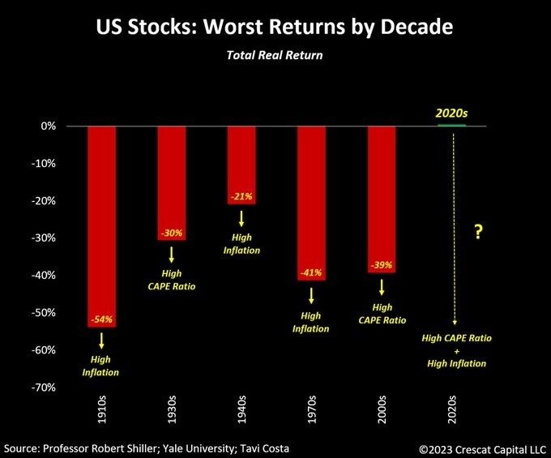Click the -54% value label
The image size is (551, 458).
100,320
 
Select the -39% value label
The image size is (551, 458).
381,266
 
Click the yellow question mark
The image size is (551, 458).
479,233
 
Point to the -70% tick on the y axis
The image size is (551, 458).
44,387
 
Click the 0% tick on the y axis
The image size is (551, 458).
49,126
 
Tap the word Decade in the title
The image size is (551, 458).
413,28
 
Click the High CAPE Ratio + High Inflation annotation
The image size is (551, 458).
457,350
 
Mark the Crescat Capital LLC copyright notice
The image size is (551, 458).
483,447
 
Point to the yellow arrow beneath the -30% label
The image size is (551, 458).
171,253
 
